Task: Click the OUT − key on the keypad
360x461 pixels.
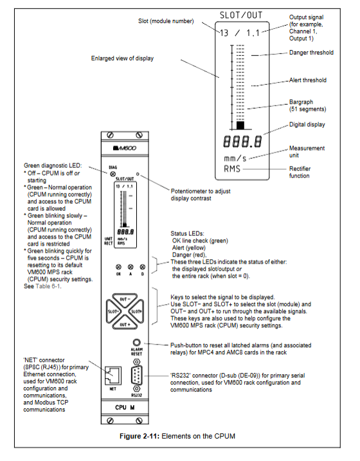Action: (125, 299)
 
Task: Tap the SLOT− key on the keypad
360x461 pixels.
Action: (113, 312)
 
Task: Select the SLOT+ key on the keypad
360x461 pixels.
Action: (136, 312)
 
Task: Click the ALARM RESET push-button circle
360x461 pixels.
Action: (137, 343)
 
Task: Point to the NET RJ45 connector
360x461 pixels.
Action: (113, 375)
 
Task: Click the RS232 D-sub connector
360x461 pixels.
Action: (137, 375)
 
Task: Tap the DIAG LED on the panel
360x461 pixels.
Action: (113, 174)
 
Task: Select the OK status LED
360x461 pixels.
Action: (118, 267)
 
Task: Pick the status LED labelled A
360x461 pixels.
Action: (130, 267)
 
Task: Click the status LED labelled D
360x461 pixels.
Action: (143, 267)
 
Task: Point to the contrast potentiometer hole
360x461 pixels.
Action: (138, 174)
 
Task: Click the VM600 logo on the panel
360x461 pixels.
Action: (125, 148)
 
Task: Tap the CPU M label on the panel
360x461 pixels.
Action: (125, 408)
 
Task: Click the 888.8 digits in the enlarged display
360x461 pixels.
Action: (242, 141)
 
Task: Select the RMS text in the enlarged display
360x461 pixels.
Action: (232, 168)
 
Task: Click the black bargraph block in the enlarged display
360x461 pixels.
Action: (240, 125)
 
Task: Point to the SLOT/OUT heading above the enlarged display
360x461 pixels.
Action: (241, 15)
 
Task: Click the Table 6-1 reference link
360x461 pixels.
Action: (48, 286)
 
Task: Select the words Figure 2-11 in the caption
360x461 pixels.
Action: (139, 436)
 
